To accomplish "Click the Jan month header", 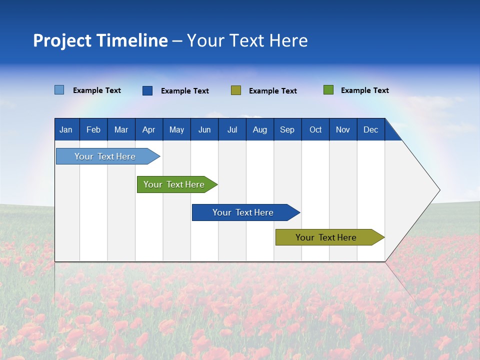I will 66,129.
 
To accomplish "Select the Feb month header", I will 93,129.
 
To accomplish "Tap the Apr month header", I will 148,129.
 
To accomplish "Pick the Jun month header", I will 204,129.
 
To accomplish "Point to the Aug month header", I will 259,129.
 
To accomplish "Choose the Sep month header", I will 287,129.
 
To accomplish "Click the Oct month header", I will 315,129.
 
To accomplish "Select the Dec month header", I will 370,129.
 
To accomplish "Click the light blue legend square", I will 59,90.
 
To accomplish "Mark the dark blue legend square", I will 147,90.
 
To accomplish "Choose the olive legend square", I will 236,90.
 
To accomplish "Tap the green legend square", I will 328,90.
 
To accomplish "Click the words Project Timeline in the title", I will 100,40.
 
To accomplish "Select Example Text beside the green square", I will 364,90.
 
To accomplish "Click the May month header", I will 176,129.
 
